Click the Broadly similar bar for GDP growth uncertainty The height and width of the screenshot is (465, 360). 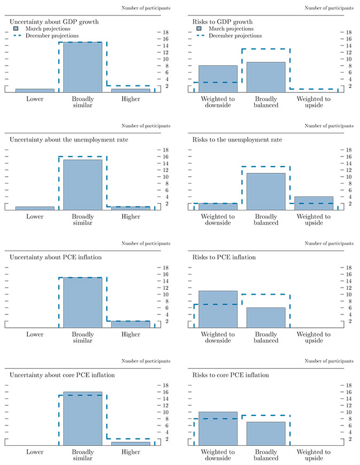[83, 67]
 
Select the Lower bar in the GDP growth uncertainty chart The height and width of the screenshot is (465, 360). [35, 91]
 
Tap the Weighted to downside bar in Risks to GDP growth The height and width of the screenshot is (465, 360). [218, 79]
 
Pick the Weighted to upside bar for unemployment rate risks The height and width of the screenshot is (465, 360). [314, 203]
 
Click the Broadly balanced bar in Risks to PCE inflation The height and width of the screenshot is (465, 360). [265, 318]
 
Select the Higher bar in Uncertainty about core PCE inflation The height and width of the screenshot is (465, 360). [131, 444]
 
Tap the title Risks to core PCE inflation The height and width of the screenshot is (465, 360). [231, 375]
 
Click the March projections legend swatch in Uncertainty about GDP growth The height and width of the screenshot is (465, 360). [17, 28]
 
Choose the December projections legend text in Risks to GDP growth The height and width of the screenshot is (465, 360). [235, 36]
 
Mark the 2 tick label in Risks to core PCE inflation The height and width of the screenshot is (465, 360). [349, 439]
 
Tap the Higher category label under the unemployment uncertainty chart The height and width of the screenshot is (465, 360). [131, 217]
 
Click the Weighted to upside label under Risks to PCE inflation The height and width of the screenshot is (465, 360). [314, 337]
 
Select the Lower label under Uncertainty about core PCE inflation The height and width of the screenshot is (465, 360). [35, 452]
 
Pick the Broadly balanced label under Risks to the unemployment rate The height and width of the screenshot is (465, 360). [265, 219]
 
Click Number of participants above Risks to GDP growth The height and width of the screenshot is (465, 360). [328, 8]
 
